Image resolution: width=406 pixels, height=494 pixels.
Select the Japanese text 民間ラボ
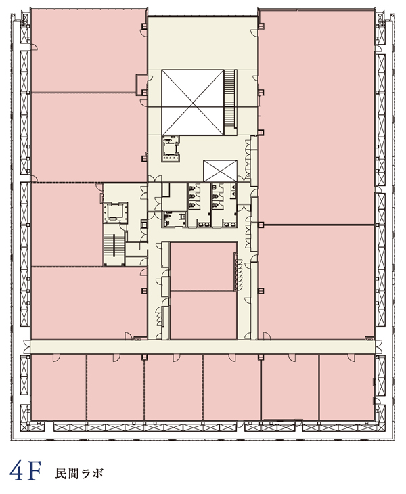pos(79,474)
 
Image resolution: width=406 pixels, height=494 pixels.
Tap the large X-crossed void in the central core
pos(193,102)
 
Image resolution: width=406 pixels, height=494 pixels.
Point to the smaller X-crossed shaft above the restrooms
pos(220,171)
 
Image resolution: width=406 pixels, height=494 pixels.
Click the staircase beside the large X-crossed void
pos(230,98)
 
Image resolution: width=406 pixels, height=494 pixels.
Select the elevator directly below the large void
pos(171,148)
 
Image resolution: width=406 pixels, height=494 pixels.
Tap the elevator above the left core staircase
pos(115,212)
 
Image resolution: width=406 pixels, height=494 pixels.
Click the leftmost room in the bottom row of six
pos(59,387)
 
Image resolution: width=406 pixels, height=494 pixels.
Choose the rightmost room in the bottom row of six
pos(346,387)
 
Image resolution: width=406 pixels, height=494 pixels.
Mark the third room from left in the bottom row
pos(173,387)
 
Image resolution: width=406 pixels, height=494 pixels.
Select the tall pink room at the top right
pos(317,116)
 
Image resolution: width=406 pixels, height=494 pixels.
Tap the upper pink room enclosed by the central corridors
pos(203,266)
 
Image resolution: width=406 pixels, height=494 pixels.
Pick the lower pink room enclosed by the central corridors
pos(203,315)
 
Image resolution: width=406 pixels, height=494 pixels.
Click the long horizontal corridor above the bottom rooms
pos(202,346)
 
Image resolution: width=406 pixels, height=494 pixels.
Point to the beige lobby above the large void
pos(203,43)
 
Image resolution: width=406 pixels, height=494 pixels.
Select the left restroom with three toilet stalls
pos(199,205)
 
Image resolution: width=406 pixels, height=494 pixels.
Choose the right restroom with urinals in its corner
pos(224,205)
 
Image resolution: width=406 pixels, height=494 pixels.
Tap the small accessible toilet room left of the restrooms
pos(175,219)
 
